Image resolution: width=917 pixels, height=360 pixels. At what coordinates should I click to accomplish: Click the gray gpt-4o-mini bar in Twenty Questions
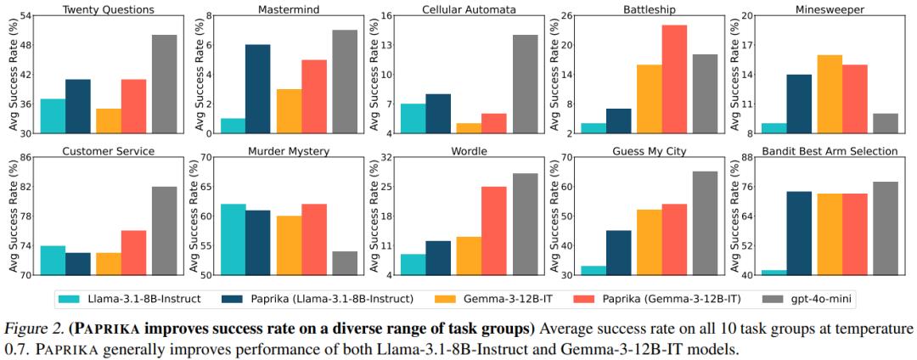click(x=165, y=84)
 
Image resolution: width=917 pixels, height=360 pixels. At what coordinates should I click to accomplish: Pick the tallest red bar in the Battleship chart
click(x=675, y=80)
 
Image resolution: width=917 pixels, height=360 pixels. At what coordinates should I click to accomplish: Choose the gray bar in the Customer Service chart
click(x=165, y=231)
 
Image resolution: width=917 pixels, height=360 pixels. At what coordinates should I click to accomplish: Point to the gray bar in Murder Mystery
click(x=345, y=263)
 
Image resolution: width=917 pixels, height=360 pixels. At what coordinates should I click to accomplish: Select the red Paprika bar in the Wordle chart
click(x=494, y=231)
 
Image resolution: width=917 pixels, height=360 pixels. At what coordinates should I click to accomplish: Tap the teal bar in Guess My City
click(x=594, y=270)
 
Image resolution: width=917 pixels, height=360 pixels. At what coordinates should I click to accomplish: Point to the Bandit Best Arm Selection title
click(x=830, y=151)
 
